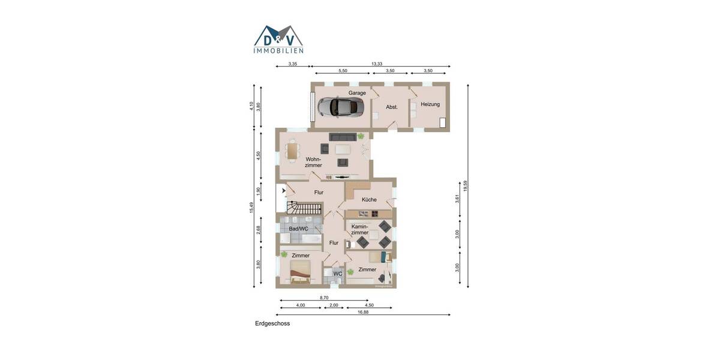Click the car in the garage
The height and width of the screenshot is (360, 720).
[x=341, y=107]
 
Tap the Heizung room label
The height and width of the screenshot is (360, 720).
[x=430, y=104]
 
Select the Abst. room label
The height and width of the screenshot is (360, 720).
[x=392, y=107]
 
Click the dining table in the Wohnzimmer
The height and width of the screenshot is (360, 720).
[x=292, y=151]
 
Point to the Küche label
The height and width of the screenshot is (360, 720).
[x=369, y=200]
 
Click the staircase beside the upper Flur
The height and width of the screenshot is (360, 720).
[x=304, y=208]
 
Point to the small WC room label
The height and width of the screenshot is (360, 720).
[x=338, y=274]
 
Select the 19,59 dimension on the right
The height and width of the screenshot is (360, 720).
[x=466, y=186]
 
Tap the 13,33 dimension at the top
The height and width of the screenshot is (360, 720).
[x=376, y=64]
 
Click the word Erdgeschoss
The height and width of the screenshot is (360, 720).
[x=272, y=323]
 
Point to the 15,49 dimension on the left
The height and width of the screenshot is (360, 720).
[x=252, y=206]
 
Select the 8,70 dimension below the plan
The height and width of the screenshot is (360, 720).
[x=324, y=298]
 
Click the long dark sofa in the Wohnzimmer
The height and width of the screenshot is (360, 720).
[x=342, y=137]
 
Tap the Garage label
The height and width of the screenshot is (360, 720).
[x=357, y=93]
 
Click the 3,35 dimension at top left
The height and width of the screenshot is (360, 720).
[x=293, y=64]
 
